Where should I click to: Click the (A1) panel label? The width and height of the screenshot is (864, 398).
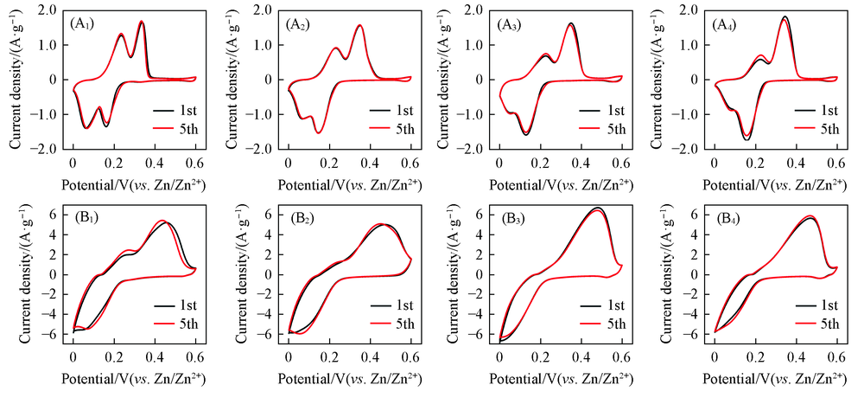click(x=86, y=24)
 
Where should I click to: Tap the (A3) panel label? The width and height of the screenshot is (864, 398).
click(x=513, y=24)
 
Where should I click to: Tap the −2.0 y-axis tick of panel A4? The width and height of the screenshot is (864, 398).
click(x=689, y=149)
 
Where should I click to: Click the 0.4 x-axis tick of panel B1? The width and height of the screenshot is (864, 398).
click(x=156, y=356)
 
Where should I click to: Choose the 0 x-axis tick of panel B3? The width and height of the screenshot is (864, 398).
click(x=499, y=356)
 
